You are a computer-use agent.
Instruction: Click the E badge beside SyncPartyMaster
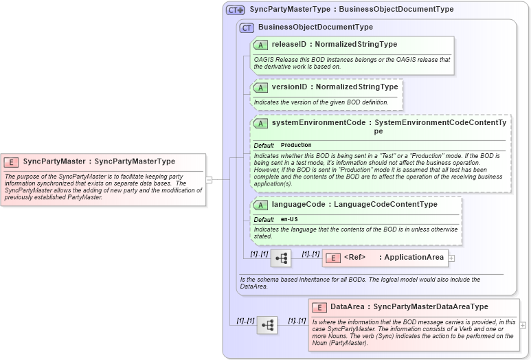click(11, 162)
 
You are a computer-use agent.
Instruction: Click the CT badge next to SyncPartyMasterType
click(236, 10)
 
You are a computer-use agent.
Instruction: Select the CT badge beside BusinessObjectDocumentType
click(247, 27)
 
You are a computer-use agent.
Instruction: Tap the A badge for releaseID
click(260, 45)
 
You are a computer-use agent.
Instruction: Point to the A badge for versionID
click(260, 87)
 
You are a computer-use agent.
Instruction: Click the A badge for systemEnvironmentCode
click(260, 123)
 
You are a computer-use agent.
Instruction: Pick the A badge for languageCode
click(260, 205)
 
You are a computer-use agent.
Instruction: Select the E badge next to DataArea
click(319, 307)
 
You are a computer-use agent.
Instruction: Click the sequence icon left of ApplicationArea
click(281, 258)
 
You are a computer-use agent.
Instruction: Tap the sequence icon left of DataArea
click(267, 325)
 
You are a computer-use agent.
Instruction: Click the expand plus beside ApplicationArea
click(452, 258)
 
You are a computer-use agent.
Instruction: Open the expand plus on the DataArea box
click(523, 325)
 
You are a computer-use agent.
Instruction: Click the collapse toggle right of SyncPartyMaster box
click(209, 180)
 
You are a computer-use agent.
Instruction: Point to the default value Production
click(296, 146)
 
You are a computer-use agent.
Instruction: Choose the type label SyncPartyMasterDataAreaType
click(431, 307)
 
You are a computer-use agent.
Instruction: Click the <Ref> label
click(354, 258)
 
